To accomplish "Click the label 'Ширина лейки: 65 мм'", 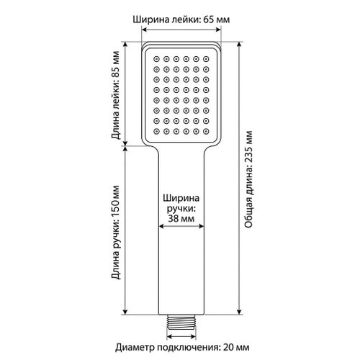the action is click(181, 19).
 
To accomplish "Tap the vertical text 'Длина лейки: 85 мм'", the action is click(115, 95).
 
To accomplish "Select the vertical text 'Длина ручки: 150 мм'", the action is click(115, 232).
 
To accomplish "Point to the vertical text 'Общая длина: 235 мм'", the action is click(249, 179).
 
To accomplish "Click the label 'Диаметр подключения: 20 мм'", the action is click(182, 347).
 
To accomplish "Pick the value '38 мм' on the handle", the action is click(181, 219).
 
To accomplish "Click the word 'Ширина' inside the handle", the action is click(181, 199).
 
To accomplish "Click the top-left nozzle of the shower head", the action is click(156, 59).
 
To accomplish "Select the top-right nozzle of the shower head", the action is click(206, 59).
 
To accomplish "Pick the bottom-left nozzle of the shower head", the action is click(156, 131).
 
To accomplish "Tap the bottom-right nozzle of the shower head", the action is click(206, 131).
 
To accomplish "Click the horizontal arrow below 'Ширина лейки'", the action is click(181, 30).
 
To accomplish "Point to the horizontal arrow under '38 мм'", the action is click(181, 226).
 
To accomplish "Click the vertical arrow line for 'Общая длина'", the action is click(239, 214).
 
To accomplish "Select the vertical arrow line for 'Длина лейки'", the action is click(125, 94).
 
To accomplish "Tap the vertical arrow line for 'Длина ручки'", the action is click(125, 230).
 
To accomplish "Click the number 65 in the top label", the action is click(209, 19).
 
